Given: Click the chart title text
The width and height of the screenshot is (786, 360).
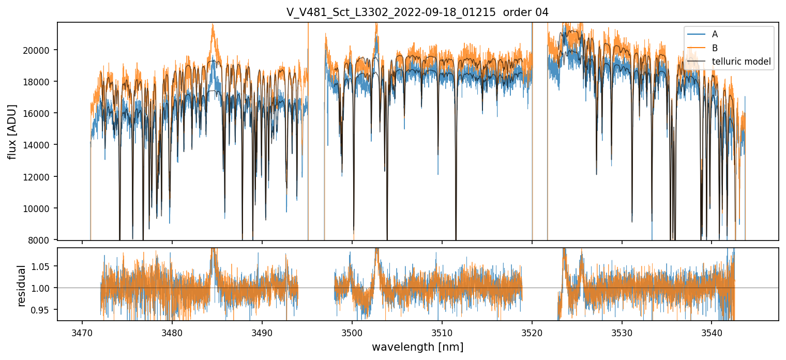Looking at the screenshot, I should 417,12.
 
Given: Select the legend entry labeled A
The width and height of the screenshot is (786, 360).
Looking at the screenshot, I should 715,34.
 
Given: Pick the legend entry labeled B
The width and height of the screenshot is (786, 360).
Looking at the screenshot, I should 715,48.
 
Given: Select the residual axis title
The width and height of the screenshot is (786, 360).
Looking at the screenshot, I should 21,286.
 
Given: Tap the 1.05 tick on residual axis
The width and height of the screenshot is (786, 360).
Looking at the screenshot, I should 44,266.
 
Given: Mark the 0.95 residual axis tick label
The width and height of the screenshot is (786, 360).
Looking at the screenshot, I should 44,310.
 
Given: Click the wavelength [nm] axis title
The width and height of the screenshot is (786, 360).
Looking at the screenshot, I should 417,347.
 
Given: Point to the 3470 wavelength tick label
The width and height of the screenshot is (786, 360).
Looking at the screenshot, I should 82,332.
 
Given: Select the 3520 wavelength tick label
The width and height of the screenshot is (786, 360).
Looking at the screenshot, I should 532,332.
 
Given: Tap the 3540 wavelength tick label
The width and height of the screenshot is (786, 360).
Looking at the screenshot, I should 712,332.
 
